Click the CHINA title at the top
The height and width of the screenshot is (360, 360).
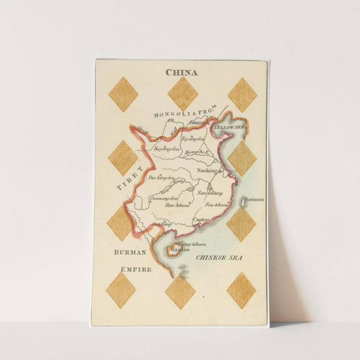point(181,73)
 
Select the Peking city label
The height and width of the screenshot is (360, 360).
point(199,123)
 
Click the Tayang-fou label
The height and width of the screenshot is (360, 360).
point(193,139)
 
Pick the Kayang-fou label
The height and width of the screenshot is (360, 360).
point(166,148)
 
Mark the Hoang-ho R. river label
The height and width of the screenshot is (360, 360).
point(199,152)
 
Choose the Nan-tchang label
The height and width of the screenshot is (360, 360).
point(210,193)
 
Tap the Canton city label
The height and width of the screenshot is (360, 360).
point(202,220)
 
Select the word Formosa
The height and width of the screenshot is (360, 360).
point(254,200)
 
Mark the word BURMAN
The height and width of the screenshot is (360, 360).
point(130,253)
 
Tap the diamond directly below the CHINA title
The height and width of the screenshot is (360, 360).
point(182,94)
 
